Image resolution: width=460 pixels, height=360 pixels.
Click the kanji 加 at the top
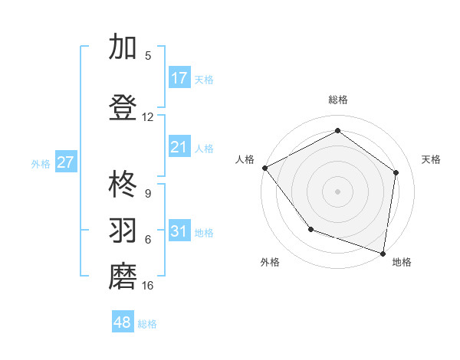123,47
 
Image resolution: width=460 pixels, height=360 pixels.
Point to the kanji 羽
123,231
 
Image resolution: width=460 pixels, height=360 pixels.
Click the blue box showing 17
179,78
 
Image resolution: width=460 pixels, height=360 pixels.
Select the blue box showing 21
179,147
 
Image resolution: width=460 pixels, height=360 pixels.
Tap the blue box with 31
179,231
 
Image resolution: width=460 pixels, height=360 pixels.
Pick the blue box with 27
66,162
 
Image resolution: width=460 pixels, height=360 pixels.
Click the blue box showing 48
123,322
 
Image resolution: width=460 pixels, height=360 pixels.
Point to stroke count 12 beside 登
148,117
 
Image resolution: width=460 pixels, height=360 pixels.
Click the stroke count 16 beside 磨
148,286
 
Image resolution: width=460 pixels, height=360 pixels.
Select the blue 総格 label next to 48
147,324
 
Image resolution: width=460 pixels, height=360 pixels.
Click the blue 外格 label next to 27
41,163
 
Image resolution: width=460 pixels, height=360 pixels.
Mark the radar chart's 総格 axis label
337,100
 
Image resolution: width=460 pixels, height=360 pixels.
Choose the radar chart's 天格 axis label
432,159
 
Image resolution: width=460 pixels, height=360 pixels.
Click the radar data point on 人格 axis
264,168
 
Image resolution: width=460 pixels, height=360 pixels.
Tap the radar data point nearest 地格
383,253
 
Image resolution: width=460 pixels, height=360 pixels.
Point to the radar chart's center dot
337,191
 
